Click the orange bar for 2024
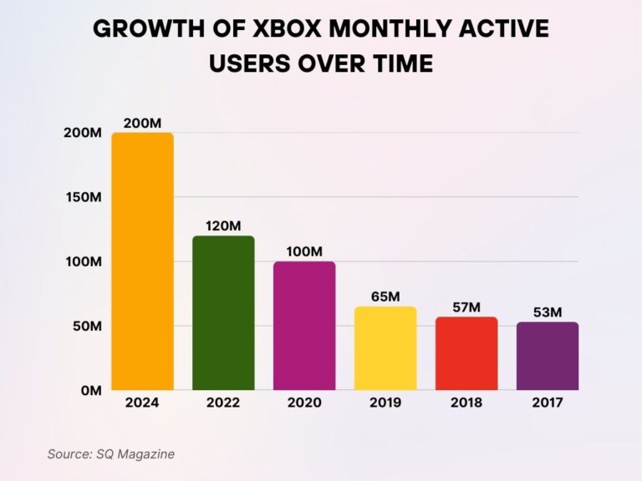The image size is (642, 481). click(142, 261)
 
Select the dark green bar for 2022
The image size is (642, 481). click(223, 312)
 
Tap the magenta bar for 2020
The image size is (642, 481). click(304, 326)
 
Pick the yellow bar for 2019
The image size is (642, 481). click(385, 347)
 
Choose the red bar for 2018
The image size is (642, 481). click(466, 353)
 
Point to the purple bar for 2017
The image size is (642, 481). click(547, 356)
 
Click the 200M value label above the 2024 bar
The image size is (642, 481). click(142, 123)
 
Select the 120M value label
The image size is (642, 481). click(223, 225)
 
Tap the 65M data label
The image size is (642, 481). click(385, 296)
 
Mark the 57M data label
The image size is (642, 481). click(466, 307)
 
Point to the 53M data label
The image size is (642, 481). click(547, 312)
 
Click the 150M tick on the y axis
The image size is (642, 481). click(84, 197)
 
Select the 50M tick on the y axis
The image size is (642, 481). click(87, 326)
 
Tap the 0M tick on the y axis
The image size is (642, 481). click(90, 390)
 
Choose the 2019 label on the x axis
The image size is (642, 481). click(385, 403)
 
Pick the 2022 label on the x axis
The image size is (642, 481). click(223, 403)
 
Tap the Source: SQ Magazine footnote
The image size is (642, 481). click(110, 453)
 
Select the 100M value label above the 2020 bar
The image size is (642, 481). click(304, 251)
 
